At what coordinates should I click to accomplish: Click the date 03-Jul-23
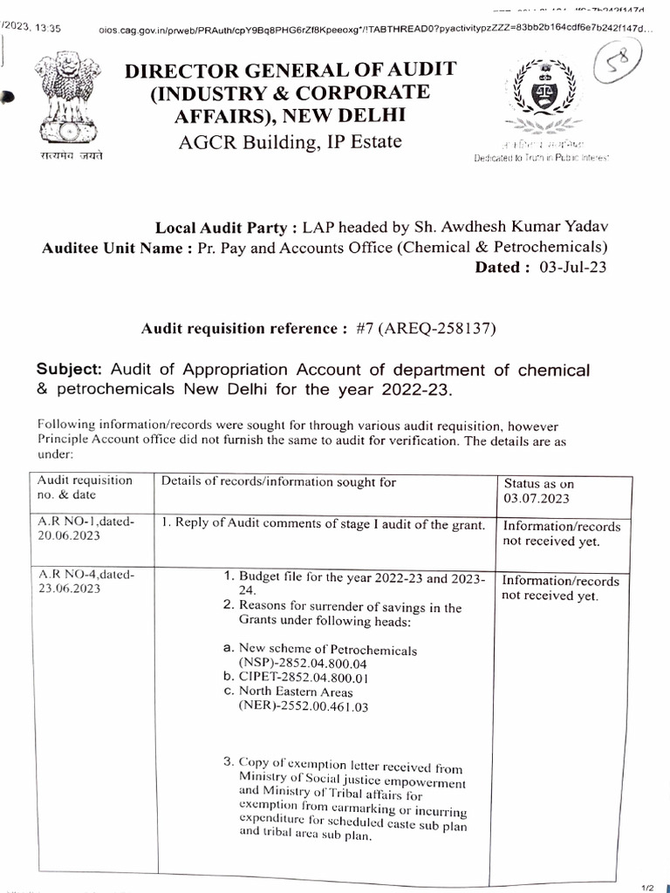pos(571,268)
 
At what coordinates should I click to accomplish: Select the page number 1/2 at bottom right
pos(647,887)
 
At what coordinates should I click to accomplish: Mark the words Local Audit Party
pos(222,228)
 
